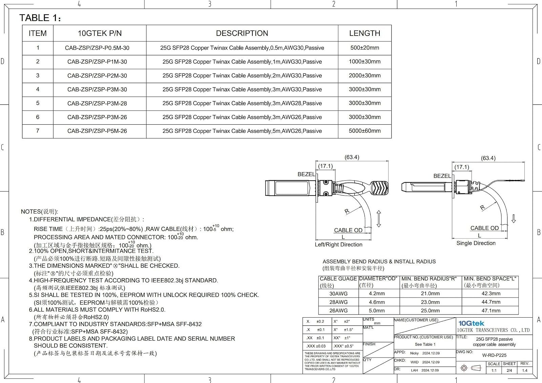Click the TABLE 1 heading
[x=40, y=18]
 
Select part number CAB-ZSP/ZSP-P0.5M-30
[x=97, y=48]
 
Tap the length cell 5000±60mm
[x=364, y=131]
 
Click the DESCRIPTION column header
[x=242, y=33]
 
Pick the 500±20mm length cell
[x=364, y=48]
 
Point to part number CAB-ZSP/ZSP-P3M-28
[x=97, y=103]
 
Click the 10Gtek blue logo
[x=471, y=323]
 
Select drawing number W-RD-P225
[x=494, y=355]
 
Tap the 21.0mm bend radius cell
[x=430, y=294]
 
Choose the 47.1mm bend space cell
[x=491, y=310]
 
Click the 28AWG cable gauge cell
[x=338, y=302]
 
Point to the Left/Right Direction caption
[x=338, y=244]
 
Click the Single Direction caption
[x=476, y=243]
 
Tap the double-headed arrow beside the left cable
[x=379, y=219]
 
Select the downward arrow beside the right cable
[x=514, y=219]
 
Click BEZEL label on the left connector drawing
[x=306, y=174]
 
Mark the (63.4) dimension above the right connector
[x=488, y=158]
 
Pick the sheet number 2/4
[x=509, y=370]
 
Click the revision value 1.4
[x=525, y=370]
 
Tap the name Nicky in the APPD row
[x=414, y=353]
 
